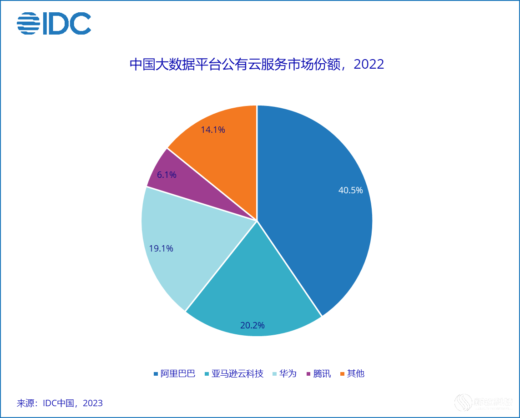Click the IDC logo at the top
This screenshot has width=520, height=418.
54,24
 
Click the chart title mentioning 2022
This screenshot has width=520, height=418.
257,64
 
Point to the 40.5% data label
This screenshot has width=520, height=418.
350,191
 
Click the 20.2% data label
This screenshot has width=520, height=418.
252,325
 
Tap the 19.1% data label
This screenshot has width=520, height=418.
161,248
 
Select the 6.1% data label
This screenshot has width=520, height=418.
167,175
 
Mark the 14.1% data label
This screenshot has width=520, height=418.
213,130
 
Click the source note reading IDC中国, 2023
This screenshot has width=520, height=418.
60,403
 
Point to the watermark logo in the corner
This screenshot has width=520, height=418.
484,403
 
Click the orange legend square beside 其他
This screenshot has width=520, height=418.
343,374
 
